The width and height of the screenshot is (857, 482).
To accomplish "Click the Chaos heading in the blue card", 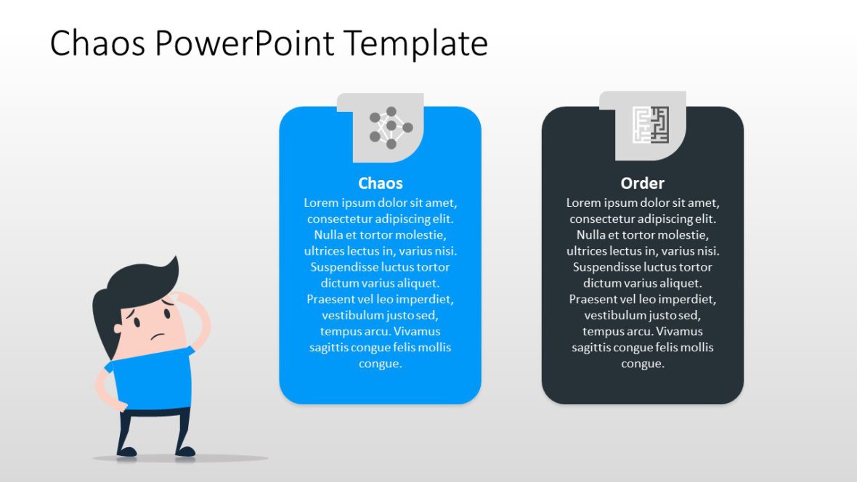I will pos(380,184).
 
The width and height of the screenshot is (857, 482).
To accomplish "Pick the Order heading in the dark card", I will pos(642,184).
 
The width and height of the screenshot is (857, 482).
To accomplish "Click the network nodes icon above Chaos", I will pos(391,128).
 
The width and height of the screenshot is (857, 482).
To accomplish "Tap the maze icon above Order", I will pos(650,125).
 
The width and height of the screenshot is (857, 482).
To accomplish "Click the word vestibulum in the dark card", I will pos(614,315).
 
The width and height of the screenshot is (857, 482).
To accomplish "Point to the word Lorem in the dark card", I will pos(583,203).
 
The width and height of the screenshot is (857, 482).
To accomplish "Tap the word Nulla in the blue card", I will pos(329,235).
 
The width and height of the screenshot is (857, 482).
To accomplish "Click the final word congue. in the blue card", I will pos(380,364).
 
